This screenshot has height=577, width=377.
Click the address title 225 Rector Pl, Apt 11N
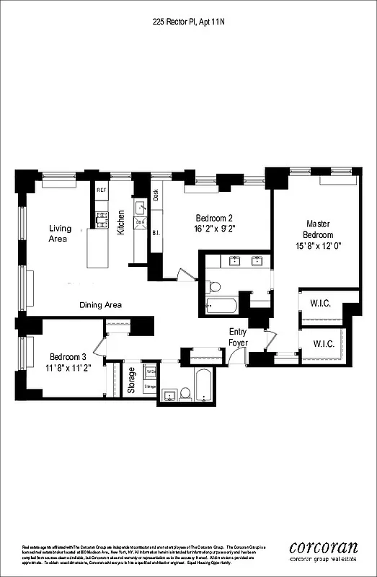189,22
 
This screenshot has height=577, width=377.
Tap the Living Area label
60,233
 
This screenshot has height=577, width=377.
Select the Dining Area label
100,305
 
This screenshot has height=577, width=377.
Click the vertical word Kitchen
122,222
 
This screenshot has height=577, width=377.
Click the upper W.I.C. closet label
320,303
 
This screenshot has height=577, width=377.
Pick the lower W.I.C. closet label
323,344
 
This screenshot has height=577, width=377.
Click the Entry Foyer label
239,337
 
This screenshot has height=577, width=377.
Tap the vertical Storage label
131,380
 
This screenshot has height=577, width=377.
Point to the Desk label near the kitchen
156,195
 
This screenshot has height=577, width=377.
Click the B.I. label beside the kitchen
156,233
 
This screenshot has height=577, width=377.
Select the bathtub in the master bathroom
221,305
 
